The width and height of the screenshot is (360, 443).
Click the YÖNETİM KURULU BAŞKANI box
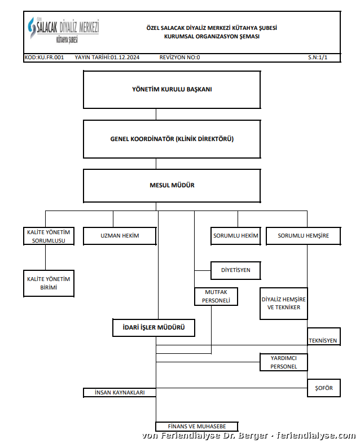click(172, 89)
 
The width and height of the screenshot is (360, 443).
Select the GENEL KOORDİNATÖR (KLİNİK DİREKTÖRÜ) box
click(172, 139)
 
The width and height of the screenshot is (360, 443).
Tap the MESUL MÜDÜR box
click(172, 185)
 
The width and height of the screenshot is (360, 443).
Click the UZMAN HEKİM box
click(119, 235)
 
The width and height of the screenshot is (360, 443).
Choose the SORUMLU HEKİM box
click(235, 235)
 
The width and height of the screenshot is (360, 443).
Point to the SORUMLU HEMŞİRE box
click(303, 235)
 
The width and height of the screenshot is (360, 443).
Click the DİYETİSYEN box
click(235, 270)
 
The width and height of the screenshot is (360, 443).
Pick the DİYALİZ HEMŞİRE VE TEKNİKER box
click(284, 304)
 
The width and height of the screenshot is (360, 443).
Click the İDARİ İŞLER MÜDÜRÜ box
click(153, 328)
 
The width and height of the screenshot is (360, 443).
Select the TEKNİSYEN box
click(323, 337)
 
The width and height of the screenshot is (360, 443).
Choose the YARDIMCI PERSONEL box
click(284, 362)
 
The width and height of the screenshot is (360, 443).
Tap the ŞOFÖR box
click(324, 388)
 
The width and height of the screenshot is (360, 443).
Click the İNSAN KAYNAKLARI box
click(119, 392)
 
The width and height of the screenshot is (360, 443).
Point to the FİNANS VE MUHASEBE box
click(197, 426)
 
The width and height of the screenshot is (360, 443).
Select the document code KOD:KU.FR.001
click(44, 58)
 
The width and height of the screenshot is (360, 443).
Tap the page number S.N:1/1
click(318, 58)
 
